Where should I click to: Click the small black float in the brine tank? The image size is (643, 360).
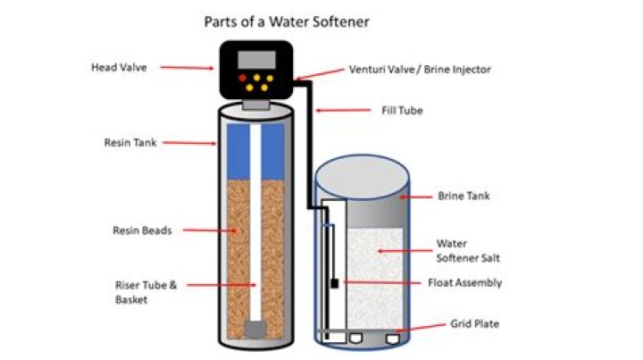(x=334, y=283)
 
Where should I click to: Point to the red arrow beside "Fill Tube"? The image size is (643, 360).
(x=338, y=111)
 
